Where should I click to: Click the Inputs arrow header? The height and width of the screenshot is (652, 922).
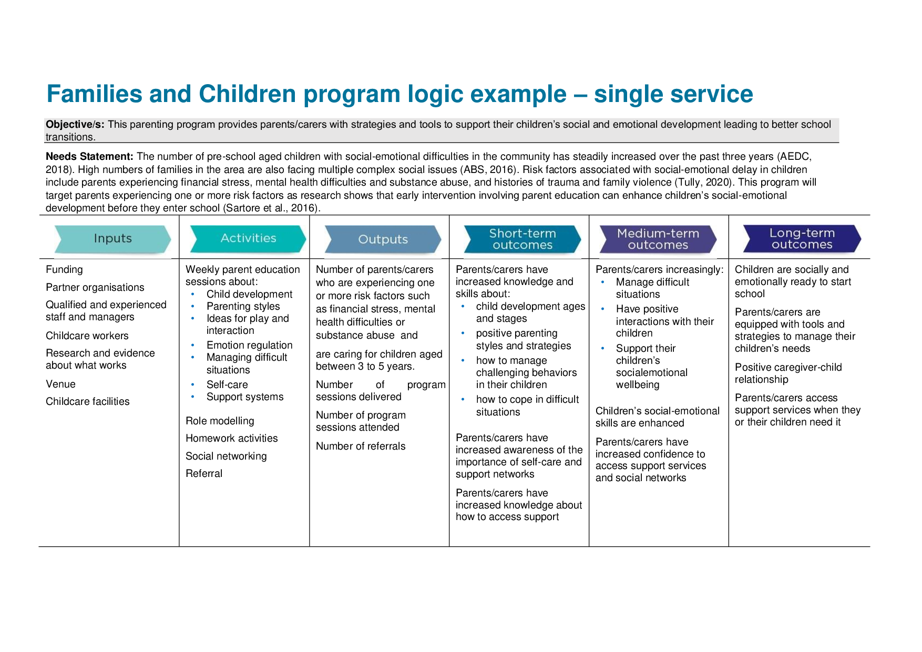pos(112,239)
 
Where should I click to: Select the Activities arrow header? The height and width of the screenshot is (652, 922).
pos(248,239)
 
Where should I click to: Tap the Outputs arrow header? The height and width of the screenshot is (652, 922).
pos(383,240)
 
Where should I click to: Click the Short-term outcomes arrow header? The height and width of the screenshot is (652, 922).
pos(523,239)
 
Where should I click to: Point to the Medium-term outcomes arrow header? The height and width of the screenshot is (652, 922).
pos(658,239)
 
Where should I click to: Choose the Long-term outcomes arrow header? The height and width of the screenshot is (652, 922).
pos(802,239)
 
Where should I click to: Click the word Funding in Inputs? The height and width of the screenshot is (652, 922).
pos(64,270)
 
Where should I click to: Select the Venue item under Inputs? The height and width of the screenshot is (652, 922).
pos(60,384)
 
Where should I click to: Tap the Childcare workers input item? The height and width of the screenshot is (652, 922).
pos(87,336)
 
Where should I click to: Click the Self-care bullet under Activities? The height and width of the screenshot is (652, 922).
pos(227,385)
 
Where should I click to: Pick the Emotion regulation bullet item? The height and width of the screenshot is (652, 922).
pos(249,345)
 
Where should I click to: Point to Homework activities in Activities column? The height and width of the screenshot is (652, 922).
pos(231,439)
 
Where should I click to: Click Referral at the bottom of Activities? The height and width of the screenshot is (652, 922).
pos(204,474)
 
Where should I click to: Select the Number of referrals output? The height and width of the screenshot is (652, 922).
pos(361,446)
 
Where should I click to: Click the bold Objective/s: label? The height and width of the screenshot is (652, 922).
pos(75,125)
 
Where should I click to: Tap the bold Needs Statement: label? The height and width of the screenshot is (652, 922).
pos(89,157)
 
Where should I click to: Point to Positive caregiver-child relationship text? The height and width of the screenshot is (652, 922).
pos(788,373)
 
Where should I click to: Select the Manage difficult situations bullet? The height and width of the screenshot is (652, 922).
pos(652,288)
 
